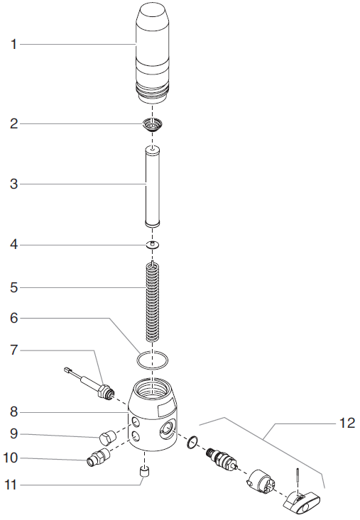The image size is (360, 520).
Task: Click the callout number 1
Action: [x=13, y=44]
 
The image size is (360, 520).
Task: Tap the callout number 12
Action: [x=347, y=423]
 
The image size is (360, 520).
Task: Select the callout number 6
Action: [x=13, y=318]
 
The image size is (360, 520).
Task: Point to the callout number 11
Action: [x=10, y=485]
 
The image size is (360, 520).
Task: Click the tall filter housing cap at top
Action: [x=152, y=53]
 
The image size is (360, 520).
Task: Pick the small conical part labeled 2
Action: [x=152, y=126]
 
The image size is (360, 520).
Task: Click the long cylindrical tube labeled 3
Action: [x=152, y=187]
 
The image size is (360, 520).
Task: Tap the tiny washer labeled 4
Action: [x=153, y=245]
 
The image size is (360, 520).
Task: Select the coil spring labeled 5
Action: [x=153, y=302]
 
